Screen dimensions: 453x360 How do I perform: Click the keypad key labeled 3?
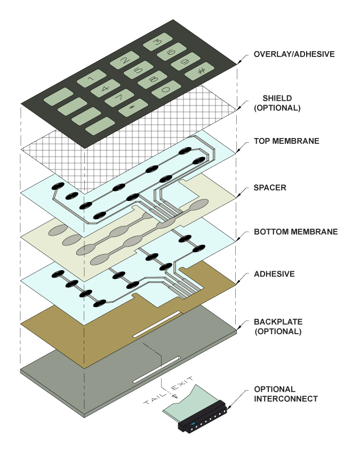pyautogui.click(x=157, y=42)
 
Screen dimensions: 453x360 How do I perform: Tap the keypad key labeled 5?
pyautogui.click(x=138, y=70)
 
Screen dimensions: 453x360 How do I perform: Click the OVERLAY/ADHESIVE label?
pyautogui.click(x=294, y=54)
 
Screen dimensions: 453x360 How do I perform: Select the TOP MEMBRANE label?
pyautogui.click(x=286, y=141)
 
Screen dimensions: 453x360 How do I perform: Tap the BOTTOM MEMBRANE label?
pyautogui.click(x=295, y=232)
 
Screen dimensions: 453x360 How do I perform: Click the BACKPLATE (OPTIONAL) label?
pyautogui.click(x=278, y=326)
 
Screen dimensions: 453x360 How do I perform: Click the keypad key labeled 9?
pyautogui.click(x=181, y=62)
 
